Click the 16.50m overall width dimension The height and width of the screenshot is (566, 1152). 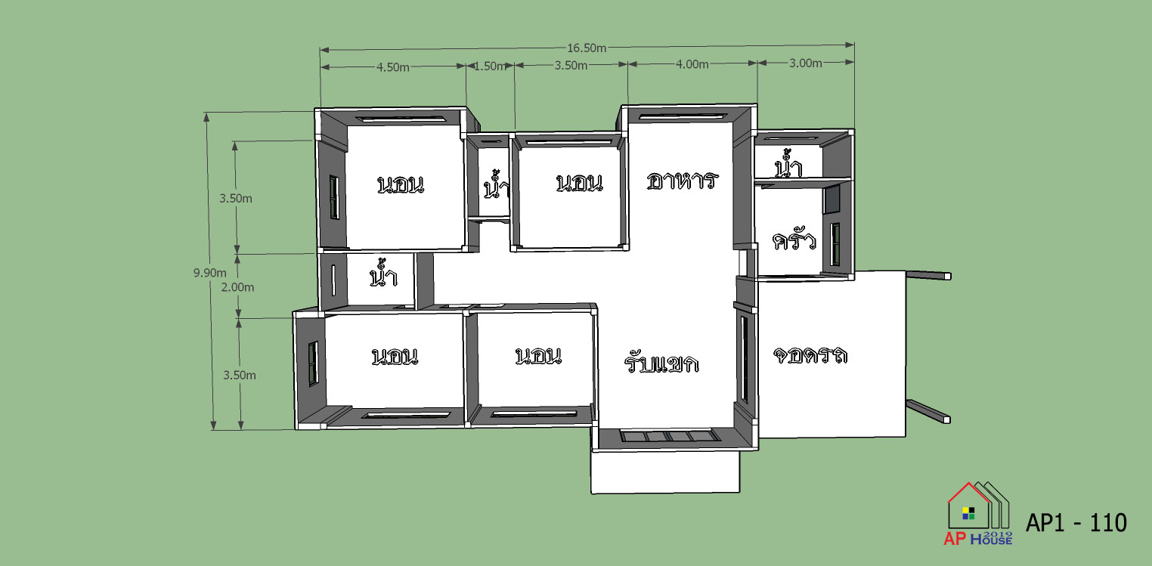pos(587,48)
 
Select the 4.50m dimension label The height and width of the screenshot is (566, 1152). pos(392,67)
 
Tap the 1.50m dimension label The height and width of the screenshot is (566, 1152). pos(489,66)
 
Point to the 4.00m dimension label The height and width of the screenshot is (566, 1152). pos(692,64)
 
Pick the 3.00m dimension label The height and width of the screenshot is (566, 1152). pos(805,63)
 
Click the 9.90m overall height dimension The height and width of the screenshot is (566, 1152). pos(210,273)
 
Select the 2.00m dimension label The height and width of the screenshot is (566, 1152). pos(237,287)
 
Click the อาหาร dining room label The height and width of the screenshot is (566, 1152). pos(682,181)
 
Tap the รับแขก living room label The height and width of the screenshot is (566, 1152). pos(662,363)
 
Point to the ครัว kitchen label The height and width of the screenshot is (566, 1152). pos(794,240)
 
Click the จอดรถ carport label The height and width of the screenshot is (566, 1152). pos(810,355)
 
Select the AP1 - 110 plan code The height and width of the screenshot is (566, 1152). pos(1076,523)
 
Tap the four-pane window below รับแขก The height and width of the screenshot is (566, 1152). pos(670,437)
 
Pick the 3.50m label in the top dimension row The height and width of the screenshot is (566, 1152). pos(571,66)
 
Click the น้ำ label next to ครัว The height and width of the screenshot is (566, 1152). pos(788,164)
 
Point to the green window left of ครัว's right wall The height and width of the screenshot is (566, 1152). pos(835,245)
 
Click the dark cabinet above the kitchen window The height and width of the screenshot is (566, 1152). pos(832,199)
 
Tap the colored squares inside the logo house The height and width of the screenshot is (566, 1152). pos(968,513)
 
